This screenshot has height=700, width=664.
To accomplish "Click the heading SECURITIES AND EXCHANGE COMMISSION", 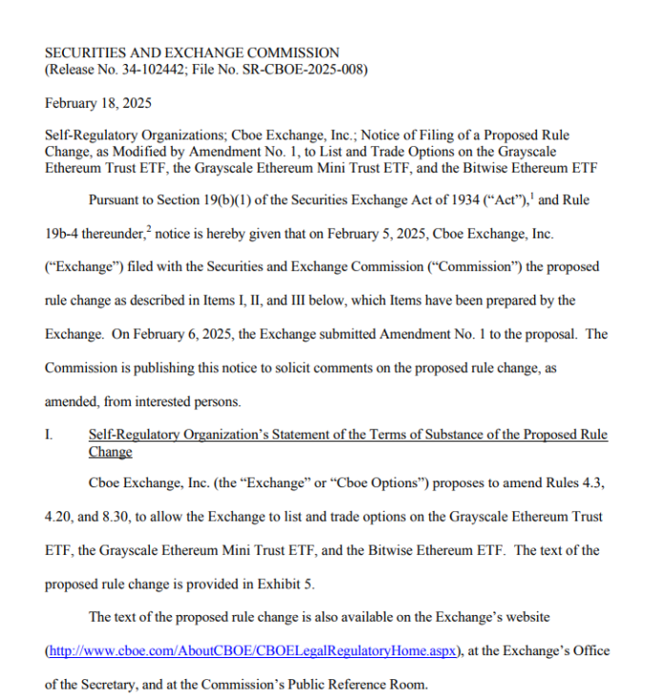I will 192,52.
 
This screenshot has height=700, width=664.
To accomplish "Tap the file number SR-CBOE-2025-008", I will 306,69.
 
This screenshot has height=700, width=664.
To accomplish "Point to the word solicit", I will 289,368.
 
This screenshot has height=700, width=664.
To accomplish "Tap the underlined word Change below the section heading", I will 110,451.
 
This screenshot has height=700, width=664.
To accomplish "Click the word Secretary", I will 119,684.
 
